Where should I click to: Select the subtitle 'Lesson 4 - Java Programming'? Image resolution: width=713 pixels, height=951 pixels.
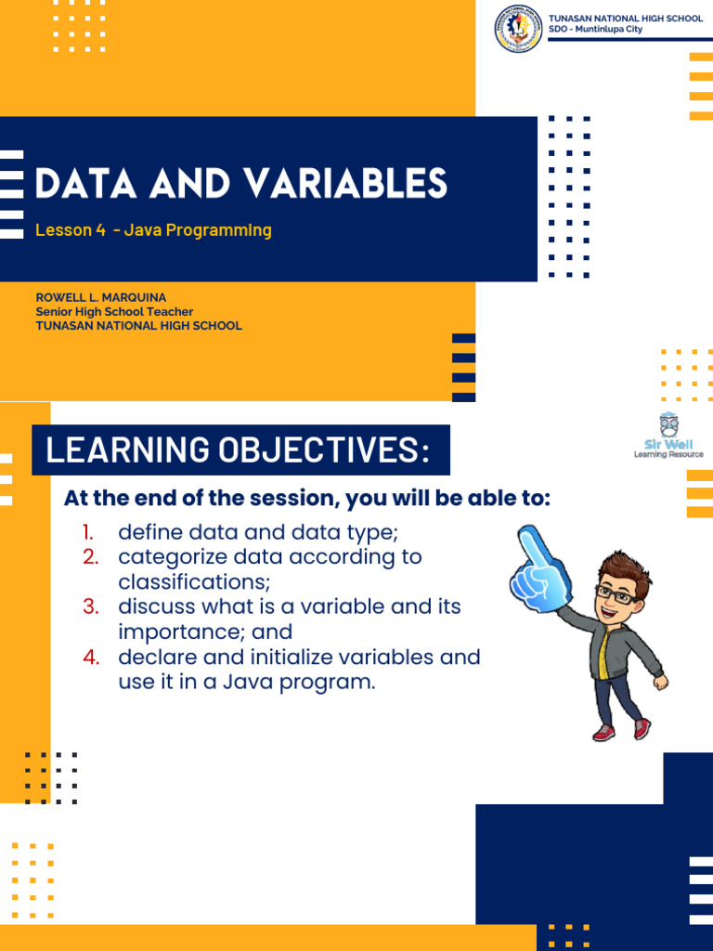[x=153, y=230]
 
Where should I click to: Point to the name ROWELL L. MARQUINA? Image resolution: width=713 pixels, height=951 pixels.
[x=100, y=297]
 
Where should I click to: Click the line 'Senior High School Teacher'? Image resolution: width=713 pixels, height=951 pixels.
[x=114, y=312]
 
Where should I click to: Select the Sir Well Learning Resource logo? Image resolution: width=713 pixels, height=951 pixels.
[x=668, y=436]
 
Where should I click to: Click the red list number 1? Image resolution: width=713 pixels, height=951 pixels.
[x=87, y=532]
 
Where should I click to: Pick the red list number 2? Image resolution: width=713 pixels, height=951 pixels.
[x=89, y=557]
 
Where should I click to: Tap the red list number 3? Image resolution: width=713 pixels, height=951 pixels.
[x=89, y=607]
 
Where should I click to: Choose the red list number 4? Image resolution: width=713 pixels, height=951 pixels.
[x=89, y=658]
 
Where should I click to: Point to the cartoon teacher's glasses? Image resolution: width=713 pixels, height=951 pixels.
[x=616, y=593]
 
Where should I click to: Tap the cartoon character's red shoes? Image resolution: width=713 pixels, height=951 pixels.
[x=622, y=731]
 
